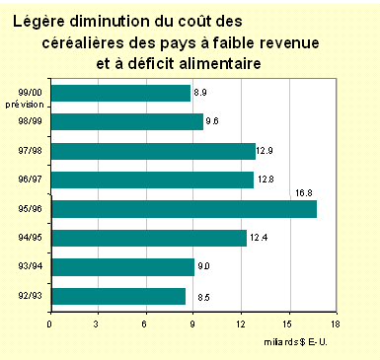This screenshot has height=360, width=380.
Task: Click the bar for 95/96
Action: [183, 209]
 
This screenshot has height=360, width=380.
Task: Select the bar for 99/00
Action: [119, 93]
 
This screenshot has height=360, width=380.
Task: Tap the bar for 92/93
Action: [117, 296]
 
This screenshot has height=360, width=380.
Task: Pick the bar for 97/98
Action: [152, 151]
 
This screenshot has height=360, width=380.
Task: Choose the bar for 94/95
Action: [148, 238]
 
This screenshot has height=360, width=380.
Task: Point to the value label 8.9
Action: [200, 92]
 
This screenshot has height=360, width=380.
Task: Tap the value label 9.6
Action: [212, 122]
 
